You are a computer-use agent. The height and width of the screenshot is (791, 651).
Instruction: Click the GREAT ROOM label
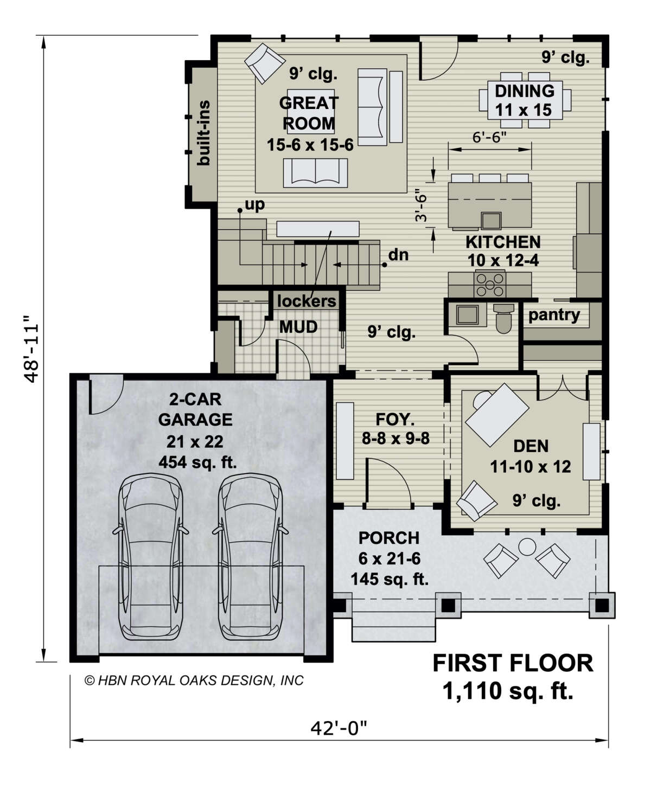pyautogui.click(x=309, y=113)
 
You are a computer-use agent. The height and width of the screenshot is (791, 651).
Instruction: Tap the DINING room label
pyautogui.click(x=524, y=91)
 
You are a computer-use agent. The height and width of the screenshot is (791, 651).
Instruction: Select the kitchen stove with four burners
pyautogui.click(x=490, y=284)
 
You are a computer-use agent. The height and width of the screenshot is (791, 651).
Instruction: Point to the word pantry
pyautogui.click(x=554, y=315)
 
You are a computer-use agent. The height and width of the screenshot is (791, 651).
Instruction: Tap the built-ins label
pyautogui.click(x=204, y=133)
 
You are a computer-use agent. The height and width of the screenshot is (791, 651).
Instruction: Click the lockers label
pyautogui.click(x=307, y=301)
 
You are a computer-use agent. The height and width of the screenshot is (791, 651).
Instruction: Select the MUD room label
pyautogui.click(x=298, y=327)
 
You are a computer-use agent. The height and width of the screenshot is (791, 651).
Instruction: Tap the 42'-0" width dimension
pyautogui.click(x=339, y=727)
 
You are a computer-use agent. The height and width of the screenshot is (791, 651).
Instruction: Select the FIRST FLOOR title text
pyautogui.click(x=512, y=664)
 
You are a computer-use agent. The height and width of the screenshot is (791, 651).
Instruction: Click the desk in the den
pyautogui.click(x=497, y=415)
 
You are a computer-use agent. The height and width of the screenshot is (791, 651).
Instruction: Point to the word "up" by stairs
pyautogui.click(x=254, y=204)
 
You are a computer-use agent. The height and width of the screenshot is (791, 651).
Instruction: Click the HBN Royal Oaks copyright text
pyautogui.click(x=194, y=680)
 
